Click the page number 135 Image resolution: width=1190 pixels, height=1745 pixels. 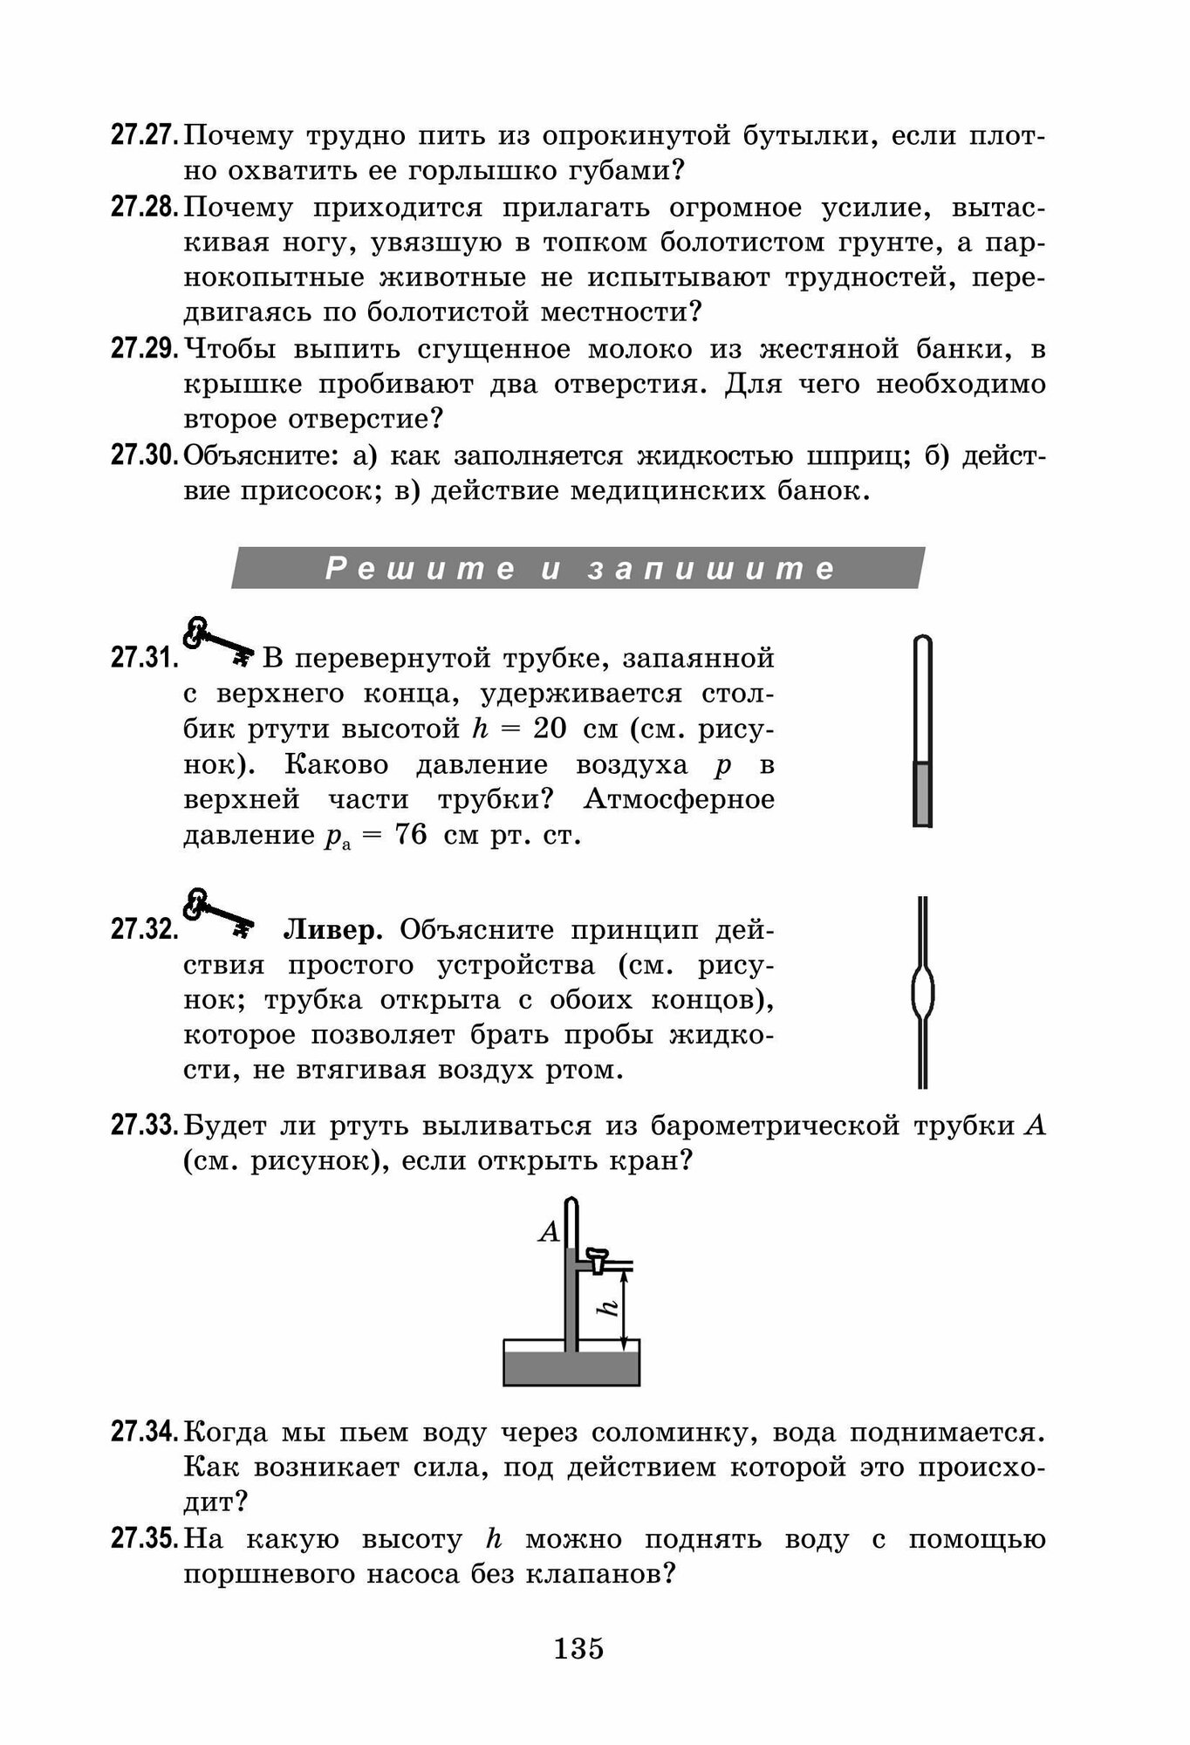click(578, 1648)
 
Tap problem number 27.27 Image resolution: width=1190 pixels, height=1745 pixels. click(145, 136)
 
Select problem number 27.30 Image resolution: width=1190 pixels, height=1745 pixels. click(145, 455)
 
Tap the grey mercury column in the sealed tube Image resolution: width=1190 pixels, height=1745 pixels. click(922, 793)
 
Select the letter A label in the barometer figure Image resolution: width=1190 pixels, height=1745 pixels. click(549, 1232)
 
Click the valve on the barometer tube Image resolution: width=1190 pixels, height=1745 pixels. click(597, 1259)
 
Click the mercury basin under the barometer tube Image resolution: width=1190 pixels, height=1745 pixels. click(571, 1366)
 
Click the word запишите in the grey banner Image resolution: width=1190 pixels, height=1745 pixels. click(712, 569)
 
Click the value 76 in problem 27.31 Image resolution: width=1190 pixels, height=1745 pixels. click(411, 835)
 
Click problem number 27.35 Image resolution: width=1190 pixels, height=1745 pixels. click(145, 1539)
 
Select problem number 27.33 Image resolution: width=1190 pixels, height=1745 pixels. click(145, 1126)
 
